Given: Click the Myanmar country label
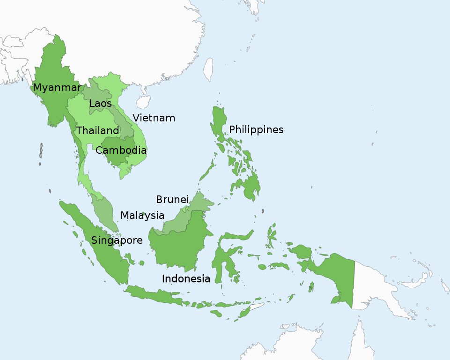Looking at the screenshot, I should pyautogui.click(x=56, y=88).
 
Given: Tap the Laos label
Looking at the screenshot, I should pyautogui.click(x=100, y=104).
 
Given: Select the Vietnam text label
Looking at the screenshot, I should pyautogui.click(x=154, y=118).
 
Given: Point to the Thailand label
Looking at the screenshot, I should pyautogui.click(x=97, y=131).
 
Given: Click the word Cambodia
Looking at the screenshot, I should pyautogui.click(x=121, y=151).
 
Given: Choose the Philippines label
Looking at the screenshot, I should pyautogui.click(x=256, y=130).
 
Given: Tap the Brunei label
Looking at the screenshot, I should pyautogui.click(x=172, y=200).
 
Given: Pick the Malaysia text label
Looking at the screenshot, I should pyautogui.click(x=142, y=216).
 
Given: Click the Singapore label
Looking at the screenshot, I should pyautogui.click(x=117, y=240).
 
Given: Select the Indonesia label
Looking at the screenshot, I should pyautogui.click(x=186, y=279).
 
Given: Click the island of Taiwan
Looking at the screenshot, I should pyautogui.click(x=208, y=69).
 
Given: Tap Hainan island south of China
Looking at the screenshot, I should pyautogui.click(x=143, y=102).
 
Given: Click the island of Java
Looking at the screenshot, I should pyautogui.click(x=155, y=295).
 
